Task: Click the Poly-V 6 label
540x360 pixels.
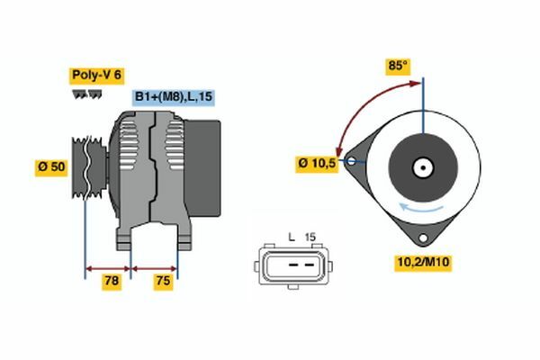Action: [x=97, y=76]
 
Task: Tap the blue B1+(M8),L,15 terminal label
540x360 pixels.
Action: [x=174, y=97]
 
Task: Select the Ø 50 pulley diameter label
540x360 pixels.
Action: [x=51, y=167]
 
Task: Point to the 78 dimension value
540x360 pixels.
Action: [x=112, y=281]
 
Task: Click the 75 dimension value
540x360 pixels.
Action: [x=163, y=281]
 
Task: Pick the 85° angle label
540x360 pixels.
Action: [x=398, y=66]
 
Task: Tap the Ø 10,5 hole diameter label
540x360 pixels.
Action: [x=317, y=163]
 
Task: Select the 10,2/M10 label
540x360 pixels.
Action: [x=423, y=263]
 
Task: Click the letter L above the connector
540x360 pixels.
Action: [x=292, y=237]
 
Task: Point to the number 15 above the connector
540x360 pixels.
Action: [x=310, y=237]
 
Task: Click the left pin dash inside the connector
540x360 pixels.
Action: [x=293, y=265]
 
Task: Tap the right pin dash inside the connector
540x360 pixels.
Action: [x=310, y=265]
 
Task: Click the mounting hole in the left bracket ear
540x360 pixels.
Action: [x=351, y=161]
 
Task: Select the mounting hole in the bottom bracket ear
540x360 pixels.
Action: [x=423, y=238]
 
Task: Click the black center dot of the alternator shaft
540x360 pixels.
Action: [x=423, y=168]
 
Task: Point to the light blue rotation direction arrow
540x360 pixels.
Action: [x=421, y=208]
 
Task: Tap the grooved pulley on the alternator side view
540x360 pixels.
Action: [x=89, y=167]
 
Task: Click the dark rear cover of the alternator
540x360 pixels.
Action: [x=202, y=168]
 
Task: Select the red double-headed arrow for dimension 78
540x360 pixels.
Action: [x=108, y=269]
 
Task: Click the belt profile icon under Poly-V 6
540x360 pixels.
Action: [x=87, y=94]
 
